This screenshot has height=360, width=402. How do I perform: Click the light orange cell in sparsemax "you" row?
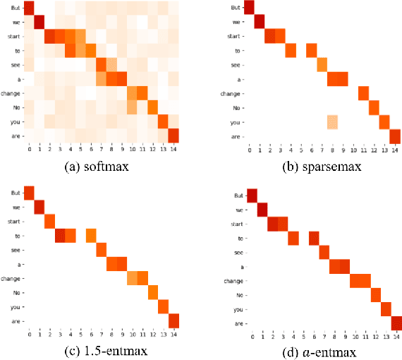tap(332, 122)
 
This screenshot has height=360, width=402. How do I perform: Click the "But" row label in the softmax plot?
tap(15, 8)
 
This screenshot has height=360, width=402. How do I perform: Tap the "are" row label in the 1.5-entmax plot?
tap(13, 321)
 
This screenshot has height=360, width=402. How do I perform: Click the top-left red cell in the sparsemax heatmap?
tap(249, 8)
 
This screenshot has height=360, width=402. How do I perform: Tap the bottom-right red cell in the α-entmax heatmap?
tap(396, 323)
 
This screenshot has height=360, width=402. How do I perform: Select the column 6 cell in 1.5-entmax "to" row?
tap(91, 236)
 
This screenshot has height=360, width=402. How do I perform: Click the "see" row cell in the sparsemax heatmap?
tap(322, 65)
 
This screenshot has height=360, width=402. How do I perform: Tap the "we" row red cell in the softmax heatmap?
tap(39, 21)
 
